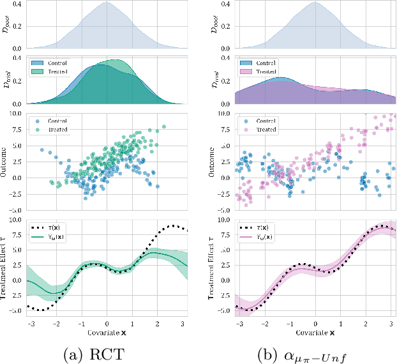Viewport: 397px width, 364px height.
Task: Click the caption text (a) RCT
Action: click(x=107, y=351)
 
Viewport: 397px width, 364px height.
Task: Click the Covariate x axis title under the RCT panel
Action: click(x=107, y=333)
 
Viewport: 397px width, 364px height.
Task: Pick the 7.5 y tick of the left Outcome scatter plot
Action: click(x=17, y=130)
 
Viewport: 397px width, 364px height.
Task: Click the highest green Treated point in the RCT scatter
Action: click(x=164, y=126)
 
